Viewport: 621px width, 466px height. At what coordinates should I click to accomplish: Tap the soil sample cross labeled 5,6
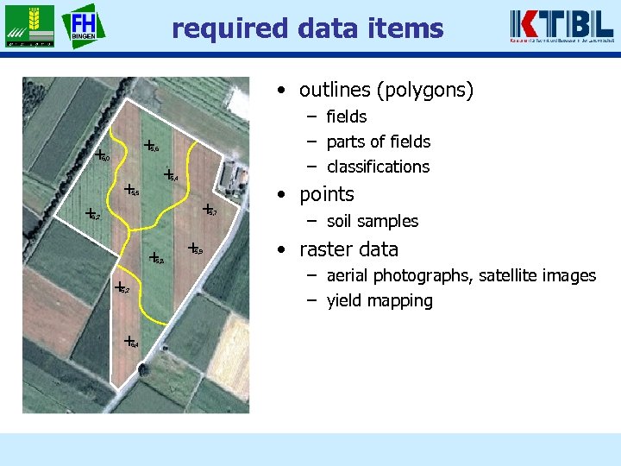click(148, 145)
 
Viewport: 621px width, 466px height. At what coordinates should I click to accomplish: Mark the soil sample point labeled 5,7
click(207, 209)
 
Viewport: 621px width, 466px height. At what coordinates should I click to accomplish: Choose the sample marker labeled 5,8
click(153, 256)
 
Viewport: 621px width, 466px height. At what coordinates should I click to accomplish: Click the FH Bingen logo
click(84, 26)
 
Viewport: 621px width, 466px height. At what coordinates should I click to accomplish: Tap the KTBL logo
click(561, 26)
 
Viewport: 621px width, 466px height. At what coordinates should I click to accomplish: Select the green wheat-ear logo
click(28, 26)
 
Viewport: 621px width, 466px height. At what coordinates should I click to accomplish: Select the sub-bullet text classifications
click(378, 167)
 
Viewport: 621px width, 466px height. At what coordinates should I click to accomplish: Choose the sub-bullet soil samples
click(372, 221)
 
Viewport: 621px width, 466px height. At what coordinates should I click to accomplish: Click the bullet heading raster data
click(348, 249)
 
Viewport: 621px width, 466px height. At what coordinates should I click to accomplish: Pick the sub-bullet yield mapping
click(379, 300)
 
